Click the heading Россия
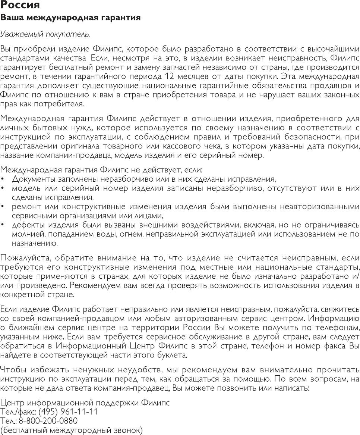click(20, 6)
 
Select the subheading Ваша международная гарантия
click(70, 18)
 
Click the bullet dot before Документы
click(3, 179)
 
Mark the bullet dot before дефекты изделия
click(3, 225)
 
